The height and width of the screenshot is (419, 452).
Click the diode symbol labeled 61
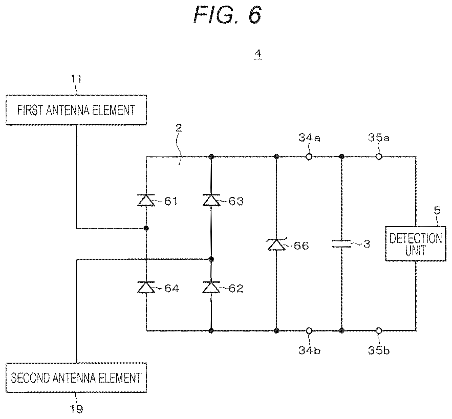[146, 200]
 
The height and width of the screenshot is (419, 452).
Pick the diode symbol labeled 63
[211, 200]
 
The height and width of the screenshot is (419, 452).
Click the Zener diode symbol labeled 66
[276, 244]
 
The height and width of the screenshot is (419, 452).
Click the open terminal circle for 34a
[309, 157]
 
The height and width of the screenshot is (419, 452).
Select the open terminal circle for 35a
[378, 157]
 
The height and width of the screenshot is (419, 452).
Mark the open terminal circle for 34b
[309, 330]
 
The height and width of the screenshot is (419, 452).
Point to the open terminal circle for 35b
[378, 330]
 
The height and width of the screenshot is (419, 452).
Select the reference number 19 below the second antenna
[76, 409]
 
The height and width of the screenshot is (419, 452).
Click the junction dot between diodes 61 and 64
[146, 228]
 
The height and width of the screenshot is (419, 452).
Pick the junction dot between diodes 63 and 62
[211, 259]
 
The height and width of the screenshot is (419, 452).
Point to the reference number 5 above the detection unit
[437, 211]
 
